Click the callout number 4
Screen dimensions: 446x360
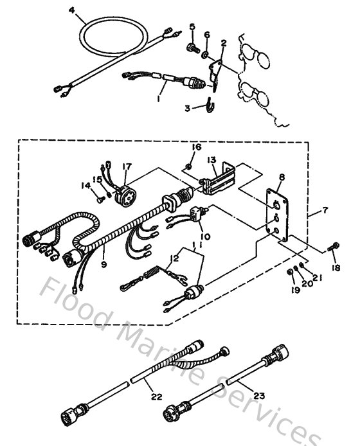71,9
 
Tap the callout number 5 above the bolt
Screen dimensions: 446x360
192,26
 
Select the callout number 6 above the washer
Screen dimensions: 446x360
206,34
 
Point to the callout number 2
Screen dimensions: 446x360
223,44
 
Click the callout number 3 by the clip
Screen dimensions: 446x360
187,109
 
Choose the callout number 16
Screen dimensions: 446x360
192,148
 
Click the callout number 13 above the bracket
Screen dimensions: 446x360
211,159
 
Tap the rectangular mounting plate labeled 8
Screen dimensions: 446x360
278,216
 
